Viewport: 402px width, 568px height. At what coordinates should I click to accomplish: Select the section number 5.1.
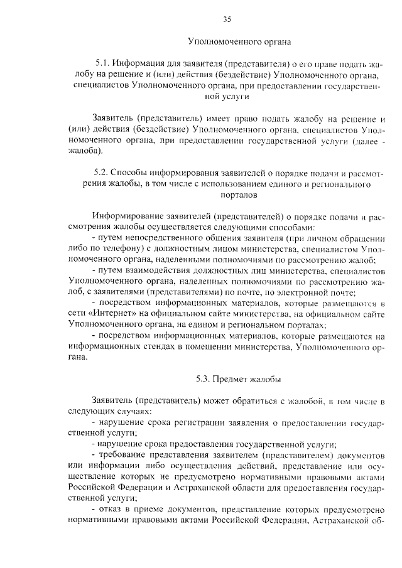(102, 64)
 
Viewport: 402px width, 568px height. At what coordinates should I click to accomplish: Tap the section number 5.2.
(102, 173)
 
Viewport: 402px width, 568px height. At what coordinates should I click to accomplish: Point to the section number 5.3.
(203, 379)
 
